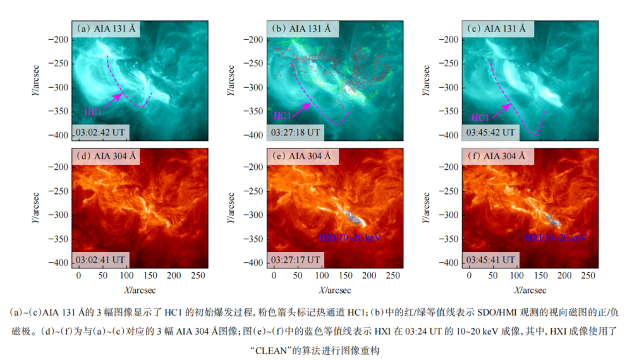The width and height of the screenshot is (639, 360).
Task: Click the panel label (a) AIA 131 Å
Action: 106,28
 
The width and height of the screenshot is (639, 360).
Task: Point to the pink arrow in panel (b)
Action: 300,108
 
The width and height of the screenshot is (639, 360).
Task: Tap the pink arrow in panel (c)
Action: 502,109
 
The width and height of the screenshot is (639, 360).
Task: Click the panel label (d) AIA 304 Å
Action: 106,155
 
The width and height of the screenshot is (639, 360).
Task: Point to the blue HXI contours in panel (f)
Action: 553,219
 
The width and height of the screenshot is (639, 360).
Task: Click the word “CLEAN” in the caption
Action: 269,349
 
